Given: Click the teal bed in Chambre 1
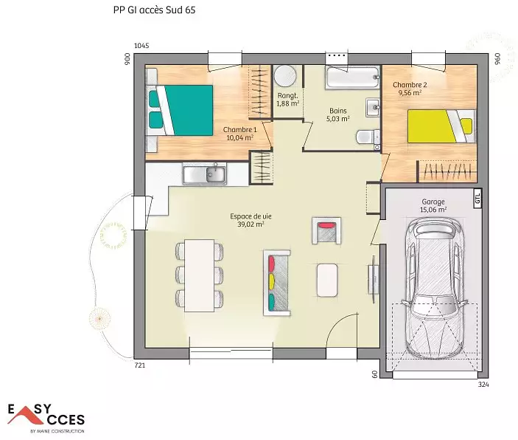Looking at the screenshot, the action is [x=180, y=110].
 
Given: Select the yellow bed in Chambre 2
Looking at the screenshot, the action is [x=441, y=126].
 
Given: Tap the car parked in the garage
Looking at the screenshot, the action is [x=435, y=288].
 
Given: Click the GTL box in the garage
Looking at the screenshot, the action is [x=477, y=199].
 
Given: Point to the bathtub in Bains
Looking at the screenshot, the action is [x=352, y=78].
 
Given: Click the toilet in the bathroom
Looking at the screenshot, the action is [x=368, y=137].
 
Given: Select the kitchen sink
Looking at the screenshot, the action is [x=205, y=174].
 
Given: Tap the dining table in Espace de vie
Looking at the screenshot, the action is [x=199, y=275].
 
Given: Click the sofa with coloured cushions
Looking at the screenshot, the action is [x=277, y=283].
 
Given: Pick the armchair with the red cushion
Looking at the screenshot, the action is [x=326, y=230].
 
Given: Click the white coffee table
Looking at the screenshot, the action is [x=327, y=280].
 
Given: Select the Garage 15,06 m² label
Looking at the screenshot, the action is [x=433, y=205].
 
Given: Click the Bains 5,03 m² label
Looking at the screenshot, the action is [x=338, y=114].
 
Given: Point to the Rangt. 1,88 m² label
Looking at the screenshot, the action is [x=288, y=100].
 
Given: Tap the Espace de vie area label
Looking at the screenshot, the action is [x=251, y=220].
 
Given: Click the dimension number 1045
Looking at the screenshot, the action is [x=141, y=46].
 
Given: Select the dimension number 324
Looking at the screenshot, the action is [x=483, y=385].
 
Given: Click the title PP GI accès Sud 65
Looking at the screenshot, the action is [x=154, y=10].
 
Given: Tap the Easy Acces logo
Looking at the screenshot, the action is [x=46, y=418].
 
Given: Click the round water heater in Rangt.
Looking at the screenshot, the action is [x=284, y=75].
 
